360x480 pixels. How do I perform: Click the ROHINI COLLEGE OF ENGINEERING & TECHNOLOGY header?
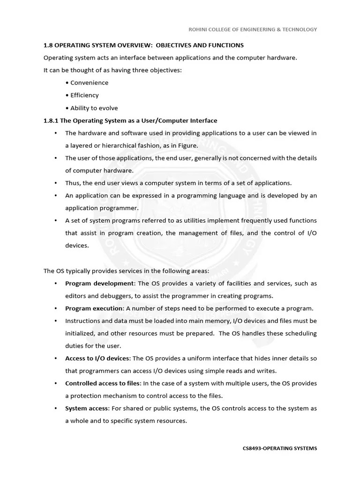253,29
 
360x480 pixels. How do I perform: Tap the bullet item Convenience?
89,83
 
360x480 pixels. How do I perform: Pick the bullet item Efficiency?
84,95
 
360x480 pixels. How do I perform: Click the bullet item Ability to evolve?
94,108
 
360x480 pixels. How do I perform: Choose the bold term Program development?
99,284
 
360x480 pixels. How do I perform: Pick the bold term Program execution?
94,308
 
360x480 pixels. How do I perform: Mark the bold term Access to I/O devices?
98,359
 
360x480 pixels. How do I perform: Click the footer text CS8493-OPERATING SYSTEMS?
280,448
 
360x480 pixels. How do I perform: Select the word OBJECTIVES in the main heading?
176,45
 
